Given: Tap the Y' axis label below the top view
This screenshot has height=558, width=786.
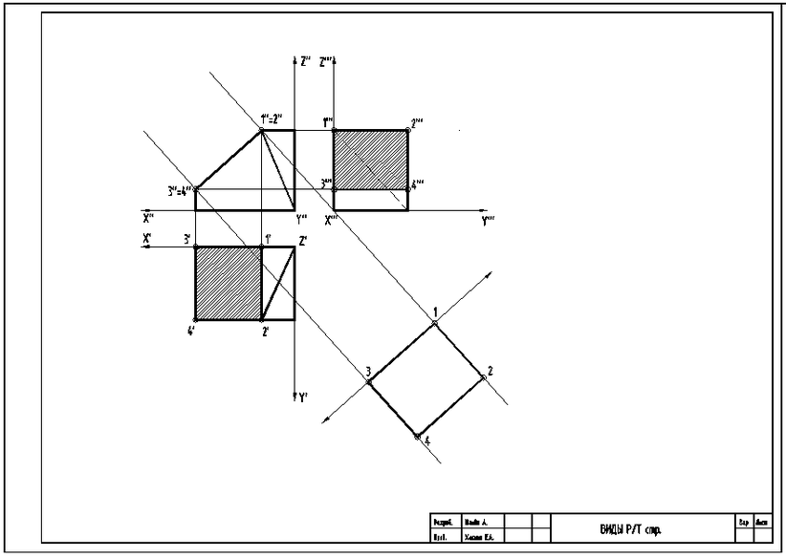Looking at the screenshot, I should pyautogui.click(x=303, y=397).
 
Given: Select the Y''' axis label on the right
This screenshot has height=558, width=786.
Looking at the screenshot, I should pyautogui.click(x=488, y=220).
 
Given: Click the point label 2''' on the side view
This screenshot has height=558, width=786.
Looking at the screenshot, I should pyautogui.click(x=417, y=122).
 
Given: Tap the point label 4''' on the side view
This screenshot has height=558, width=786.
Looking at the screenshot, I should pyautogui.click(x=417, y=182).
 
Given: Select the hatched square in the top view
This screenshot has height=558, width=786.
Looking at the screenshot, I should pyautogui.click(x=228, y=283).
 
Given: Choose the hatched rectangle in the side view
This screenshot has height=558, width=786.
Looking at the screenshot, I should pyautogui.click(x=370, y=159).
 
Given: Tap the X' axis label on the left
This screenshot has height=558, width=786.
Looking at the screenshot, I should pyautogui.click(x=147, y=239).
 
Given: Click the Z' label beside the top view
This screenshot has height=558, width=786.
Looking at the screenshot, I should pyautogui.click(x=302, y=241).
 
